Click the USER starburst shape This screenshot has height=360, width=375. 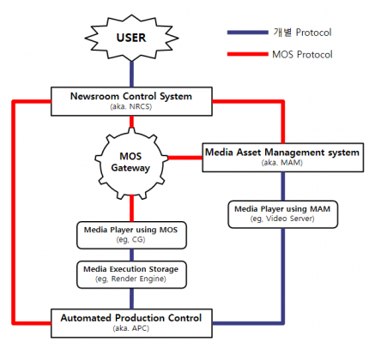[x=131, y=38]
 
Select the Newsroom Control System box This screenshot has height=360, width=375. [x=131, y=101]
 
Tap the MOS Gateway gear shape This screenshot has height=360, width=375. [x=131, y=162]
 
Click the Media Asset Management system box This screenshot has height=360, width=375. [x=283, y=158]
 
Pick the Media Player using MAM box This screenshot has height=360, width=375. [x=283, y=214]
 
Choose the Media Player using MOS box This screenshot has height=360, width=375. [x=131, y=235]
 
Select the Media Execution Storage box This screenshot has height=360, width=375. [x=131, y=274]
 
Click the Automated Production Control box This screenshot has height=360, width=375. [x=131, y=323]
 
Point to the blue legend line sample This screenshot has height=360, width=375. [x=248, y=33]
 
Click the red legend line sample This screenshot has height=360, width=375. [x=248, y=54]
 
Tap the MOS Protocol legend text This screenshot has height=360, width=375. [x=302, y=54]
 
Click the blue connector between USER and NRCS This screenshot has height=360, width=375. [x=131, y=75]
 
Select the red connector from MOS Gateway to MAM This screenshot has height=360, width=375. [x=185, y=158]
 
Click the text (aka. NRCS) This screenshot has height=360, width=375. [x=131, y=107]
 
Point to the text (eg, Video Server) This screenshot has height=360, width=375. [x=282, y=219]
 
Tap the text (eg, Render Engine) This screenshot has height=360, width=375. [x=130, y=279]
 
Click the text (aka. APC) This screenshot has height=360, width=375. [x=131, y=328]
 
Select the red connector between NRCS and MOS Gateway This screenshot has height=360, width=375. [x=131, y=122]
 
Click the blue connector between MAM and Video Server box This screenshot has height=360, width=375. [x=283, y=186]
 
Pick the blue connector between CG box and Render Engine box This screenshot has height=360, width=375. [x=131, y=255]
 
